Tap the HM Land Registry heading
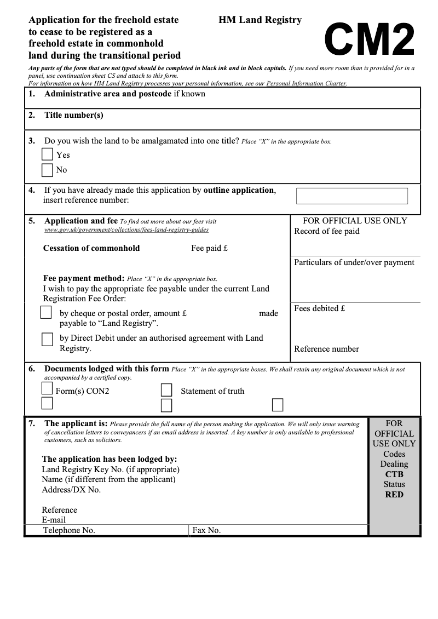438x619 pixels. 260,20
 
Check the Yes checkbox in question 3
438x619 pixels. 48,155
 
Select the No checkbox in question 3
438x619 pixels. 48,170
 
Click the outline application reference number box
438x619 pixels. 351,196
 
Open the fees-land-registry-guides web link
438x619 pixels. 126,230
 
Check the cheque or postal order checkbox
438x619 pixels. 47,312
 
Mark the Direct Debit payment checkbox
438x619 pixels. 48,339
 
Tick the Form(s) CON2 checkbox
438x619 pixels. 47,388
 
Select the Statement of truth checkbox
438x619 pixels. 166,390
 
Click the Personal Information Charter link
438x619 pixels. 307,84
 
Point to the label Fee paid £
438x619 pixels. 209,248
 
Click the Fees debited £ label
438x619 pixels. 319,308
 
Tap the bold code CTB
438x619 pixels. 394,474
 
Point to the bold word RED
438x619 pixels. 394,495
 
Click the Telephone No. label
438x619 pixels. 69,530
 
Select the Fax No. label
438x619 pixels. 206,530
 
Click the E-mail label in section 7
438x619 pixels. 54,520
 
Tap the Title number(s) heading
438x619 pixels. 73,115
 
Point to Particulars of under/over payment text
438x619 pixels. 354,262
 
